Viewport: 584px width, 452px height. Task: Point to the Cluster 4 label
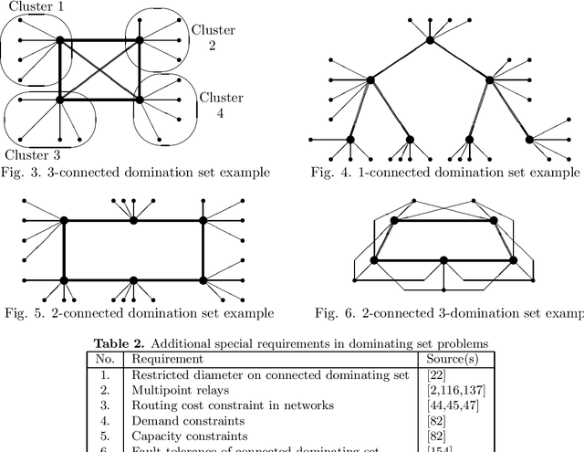click(x=221, y=105)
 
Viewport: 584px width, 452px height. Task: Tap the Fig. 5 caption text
click(x=137, y=313)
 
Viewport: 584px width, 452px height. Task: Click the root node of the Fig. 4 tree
click(x=430, y=39)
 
